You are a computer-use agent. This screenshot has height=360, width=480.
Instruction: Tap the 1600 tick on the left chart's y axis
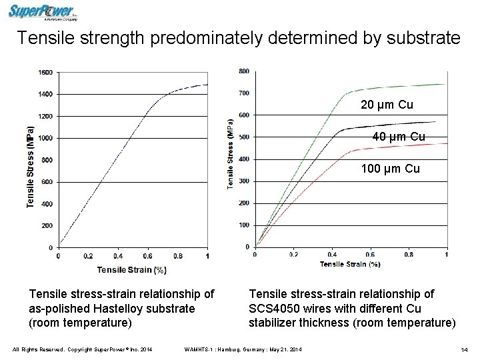[x=45, y=72]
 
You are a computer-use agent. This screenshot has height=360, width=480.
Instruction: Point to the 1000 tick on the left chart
[x=45, y=138]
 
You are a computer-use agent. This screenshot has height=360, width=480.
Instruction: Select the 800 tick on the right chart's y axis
[x=244, y=71]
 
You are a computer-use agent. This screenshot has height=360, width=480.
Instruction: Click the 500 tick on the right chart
[x=244, y=137]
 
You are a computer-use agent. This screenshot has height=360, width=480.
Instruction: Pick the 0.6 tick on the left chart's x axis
[x=147, y=256]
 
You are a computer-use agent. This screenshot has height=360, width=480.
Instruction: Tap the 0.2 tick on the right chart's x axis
[x=293, y=255]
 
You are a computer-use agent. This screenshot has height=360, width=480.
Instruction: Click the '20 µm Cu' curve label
[x=387, y=105]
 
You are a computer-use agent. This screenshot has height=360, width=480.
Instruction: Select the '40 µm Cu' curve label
[x=399, y=137]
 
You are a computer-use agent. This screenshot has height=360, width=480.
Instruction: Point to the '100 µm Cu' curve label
[x=391, y=169]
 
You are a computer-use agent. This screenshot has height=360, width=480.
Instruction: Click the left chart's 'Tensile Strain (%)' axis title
[x=132, y=269]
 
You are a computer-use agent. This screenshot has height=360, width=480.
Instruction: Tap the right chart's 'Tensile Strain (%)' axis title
[x=350, y=264]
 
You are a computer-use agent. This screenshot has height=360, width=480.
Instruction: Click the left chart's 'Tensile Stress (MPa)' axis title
[x=31, y=167]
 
